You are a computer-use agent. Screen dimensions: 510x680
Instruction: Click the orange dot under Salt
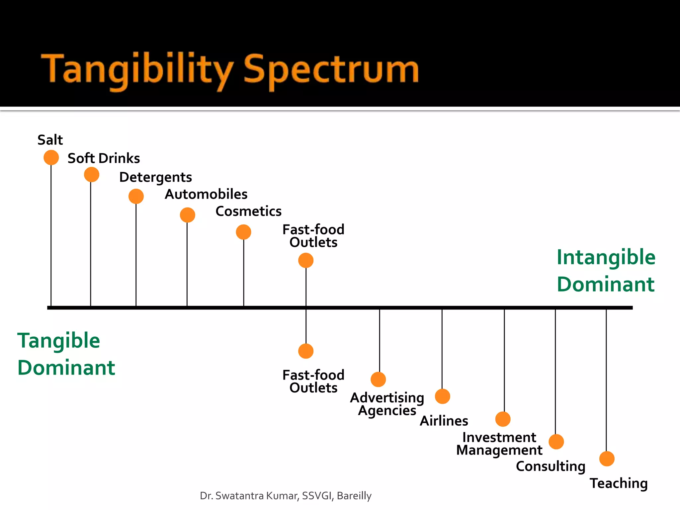pyautogui.click(x=51, y=157)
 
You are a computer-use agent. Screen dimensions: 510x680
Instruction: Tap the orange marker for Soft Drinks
pyautogui.click(x=92, y=175)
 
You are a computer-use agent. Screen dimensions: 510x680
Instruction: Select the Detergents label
pyautogui.click(x=155, y=177)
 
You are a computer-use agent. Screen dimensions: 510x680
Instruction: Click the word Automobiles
pyautogui.click(x=206, y=194)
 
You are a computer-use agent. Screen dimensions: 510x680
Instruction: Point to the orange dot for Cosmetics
pyautogui.click(x=243, y=232)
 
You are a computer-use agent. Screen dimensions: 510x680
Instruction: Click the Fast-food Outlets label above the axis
pyautogui.click(x=313, y=236)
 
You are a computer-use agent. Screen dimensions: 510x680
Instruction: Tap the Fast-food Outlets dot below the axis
pyautogui.click(x=306, y=351)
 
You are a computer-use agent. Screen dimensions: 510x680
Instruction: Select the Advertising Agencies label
pyautogui.click(x=387, y=404)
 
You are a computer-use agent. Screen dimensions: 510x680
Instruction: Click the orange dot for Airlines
pyautogui.click(x=442, y=396)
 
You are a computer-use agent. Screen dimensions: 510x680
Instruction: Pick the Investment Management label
pyautogui.click(x=499, y=444)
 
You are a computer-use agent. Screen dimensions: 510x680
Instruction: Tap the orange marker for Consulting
pyautogui.click(x=556, y=442)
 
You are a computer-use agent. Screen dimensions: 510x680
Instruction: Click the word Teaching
pyautogui.click(x=619, y=483)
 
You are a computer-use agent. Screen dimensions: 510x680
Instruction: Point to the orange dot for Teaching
pyautogui.click(x=607, y=459)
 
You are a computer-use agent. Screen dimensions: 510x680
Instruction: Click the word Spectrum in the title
pyautogui.click(x=331, y=70)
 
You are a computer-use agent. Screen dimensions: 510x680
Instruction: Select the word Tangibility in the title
pyautogui.click(x=137, y=70)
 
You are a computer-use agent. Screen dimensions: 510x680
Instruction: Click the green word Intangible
pyautogui.click(x=606, y=257)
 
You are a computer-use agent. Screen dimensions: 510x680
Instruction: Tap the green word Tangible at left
pyautogui.click(x=59, y=341)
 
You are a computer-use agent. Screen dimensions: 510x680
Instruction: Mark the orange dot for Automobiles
pyautogui.click(x=188, y=215)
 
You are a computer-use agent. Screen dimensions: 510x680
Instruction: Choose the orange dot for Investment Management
pyautogui.click(x=503, y=419)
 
